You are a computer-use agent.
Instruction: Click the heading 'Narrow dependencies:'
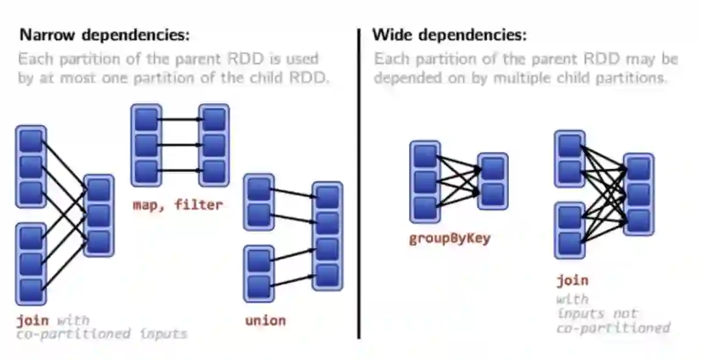[105, 35]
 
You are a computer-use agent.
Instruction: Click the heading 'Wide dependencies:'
[449, 35]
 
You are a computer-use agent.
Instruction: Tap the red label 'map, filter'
[177, 205]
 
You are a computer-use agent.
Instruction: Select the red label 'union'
[265, 320]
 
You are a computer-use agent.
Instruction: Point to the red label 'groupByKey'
[449, 238]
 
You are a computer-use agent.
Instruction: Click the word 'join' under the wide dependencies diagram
[572, 280]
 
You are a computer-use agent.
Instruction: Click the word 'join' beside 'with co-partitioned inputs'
[32, 320]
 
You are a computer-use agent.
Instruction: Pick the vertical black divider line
[358, 182]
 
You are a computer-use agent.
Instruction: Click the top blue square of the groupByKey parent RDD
[425, 156]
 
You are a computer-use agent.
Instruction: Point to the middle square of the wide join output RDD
[639, 193]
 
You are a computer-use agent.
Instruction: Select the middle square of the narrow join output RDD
[99, 215]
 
